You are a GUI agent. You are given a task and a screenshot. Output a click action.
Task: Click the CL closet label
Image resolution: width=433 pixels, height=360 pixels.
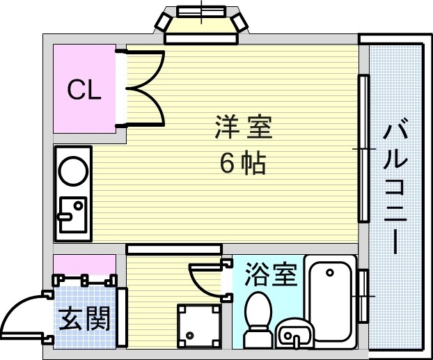click(x=84, y=89)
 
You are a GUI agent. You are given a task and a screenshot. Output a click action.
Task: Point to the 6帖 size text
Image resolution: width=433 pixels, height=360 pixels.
click(x=242, y=164)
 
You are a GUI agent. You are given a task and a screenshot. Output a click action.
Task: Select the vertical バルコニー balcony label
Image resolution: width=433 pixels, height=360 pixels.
click(x=395, y=187)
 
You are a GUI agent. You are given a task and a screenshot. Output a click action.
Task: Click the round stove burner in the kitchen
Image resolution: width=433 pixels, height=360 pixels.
click(x=72, y=170)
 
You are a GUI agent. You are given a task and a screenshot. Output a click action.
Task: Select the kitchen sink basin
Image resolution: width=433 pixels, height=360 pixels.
click(x=72, y=214)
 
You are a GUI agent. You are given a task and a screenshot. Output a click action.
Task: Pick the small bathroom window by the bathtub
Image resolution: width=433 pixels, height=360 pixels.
click(x=363, y=295)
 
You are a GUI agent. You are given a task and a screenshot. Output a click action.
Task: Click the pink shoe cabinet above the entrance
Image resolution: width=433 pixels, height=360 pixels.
click(x=85, y=265)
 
